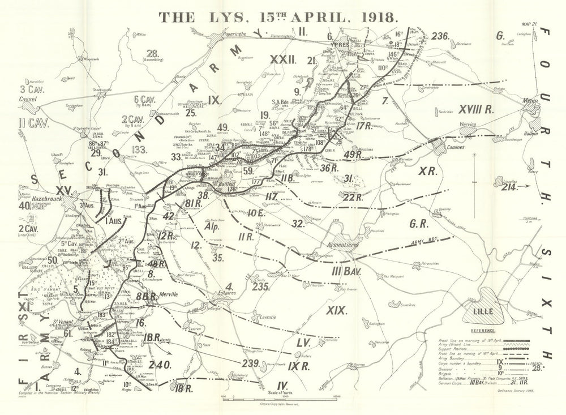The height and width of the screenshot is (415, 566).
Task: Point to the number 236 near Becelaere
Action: click(x=440, y=36)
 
